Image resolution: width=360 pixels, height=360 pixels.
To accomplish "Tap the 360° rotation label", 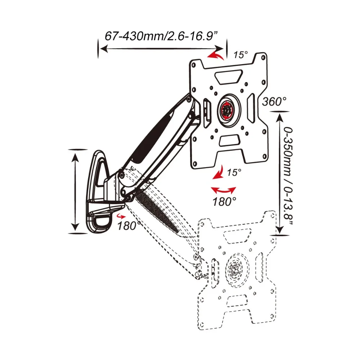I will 274,102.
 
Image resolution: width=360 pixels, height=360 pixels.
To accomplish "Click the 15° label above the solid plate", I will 240,55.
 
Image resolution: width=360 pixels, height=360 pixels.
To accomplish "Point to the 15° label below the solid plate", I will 234,172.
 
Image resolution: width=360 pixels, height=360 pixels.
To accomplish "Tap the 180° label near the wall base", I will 129,226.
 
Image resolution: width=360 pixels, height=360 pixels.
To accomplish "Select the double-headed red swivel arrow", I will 223,190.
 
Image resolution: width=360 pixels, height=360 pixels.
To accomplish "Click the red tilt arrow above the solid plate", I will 216,55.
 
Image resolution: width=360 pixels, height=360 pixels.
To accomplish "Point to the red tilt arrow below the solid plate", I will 219,174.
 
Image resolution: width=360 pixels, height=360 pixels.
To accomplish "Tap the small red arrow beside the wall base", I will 121,216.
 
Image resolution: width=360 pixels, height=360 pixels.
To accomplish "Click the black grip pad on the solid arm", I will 151,137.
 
